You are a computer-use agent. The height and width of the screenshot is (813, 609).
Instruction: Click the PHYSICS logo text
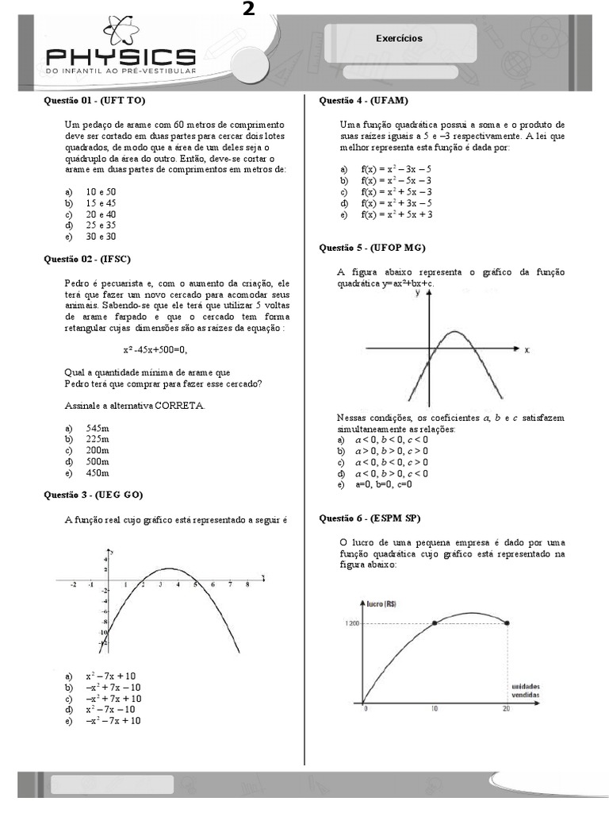click(120, 57)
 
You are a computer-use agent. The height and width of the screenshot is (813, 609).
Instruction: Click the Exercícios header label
click(399, 38)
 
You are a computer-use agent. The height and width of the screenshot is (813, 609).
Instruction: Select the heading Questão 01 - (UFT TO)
click(94, 101)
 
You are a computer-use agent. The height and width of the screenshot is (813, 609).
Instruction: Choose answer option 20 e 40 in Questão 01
click(101, 214)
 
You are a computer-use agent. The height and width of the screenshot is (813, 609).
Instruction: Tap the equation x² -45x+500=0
click(155, 350)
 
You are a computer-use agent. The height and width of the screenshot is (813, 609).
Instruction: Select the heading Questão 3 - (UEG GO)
click(93, 495)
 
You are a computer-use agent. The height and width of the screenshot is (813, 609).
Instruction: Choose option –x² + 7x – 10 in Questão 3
click(113, 687)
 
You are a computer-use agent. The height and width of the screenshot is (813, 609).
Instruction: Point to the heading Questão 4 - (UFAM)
click(363, 101)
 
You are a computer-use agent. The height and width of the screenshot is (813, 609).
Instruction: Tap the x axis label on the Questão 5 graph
click(527, 349)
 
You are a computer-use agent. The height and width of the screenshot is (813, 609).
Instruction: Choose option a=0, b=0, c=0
click(386, 484)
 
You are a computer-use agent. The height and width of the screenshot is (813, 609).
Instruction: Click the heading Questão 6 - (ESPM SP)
click(369, 518)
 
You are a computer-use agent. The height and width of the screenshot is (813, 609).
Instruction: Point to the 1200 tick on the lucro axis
click(352, 623)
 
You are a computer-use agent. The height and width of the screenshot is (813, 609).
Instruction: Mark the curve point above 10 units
click(435, 623)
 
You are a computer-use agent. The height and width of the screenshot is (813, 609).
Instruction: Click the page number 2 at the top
click(248, 9)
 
